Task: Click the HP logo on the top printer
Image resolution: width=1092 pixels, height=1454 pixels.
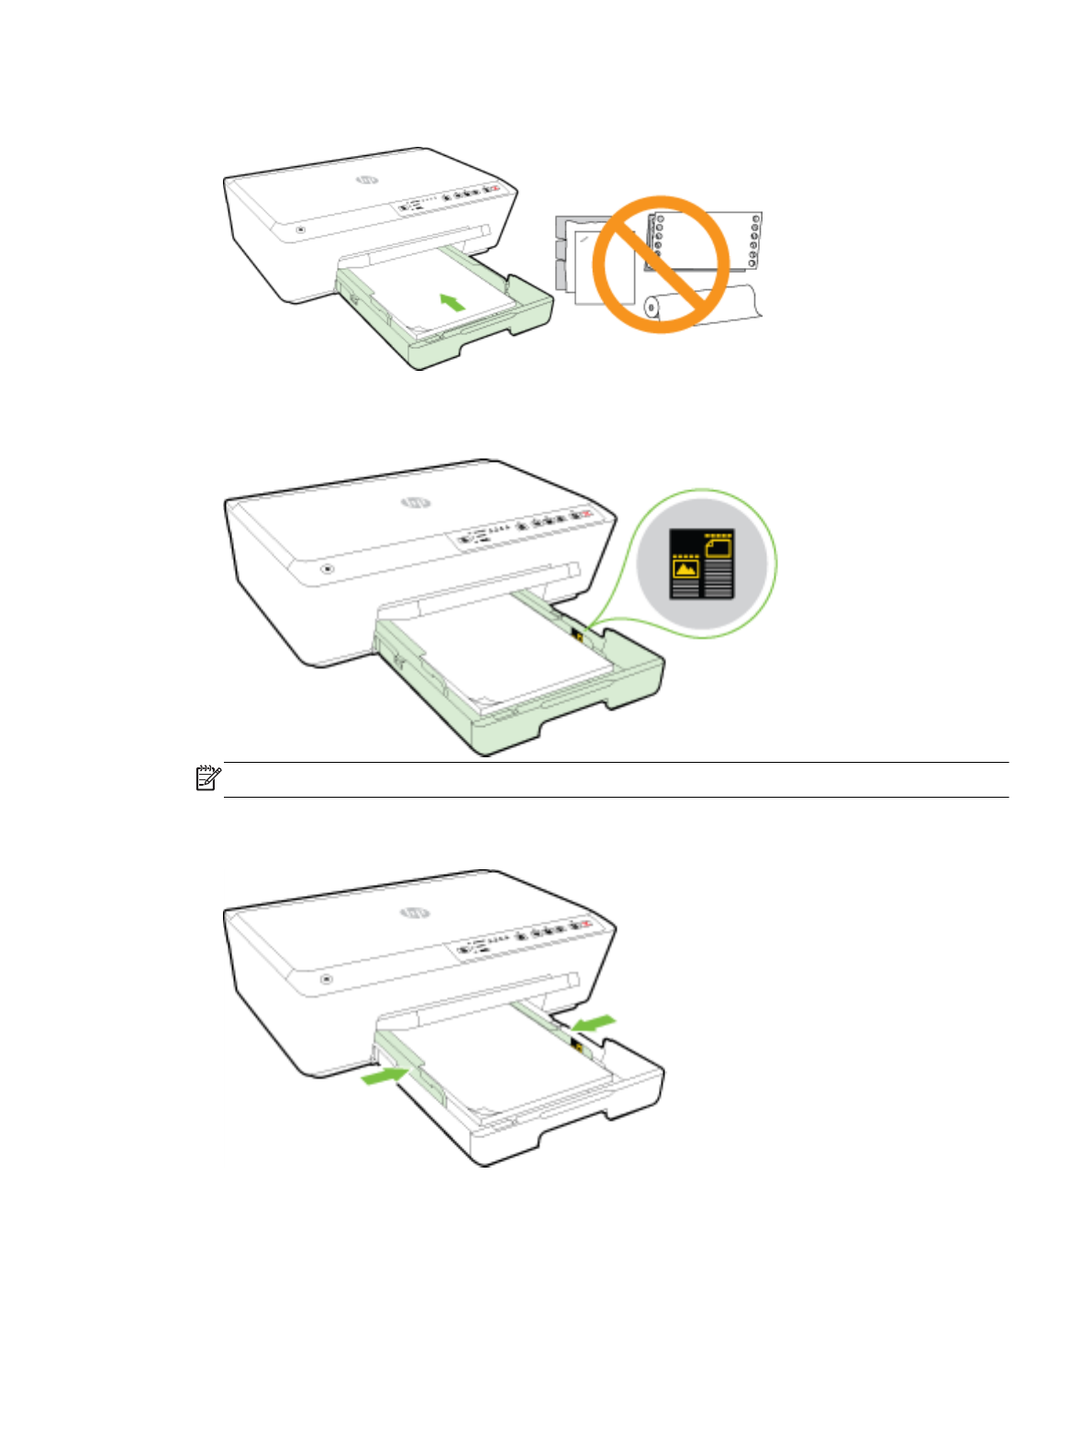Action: [x=367, y=180]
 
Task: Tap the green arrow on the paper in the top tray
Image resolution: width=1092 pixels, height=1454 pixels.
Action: [x=451, y=301]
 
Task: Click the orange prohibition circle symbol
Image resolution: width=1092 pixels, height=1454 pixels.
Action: [x=662, y=264]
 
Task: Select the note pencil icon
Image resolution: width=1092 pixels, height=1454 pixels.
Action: [x=208, y=778]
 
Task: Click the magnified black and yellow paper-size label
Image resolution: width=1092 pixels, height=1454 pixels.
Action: [x=702, y=564]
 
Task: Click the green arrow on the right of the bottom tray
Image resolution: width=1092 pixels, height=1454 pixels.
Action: [x=593, y=1022]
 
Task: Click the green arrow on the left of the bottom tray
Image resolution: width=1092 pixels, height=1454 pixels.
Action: [x=385, y=1075]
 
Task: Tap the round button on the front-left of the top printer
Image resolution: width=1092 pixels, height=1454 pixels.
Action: [x=300, y=229]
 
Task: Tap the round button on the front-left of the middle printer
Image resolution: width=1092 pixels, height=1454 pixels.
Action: [x=327, y=568]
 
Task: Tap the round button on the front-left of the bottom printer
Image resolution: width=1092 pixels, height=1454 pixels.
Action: [x=327, y=979]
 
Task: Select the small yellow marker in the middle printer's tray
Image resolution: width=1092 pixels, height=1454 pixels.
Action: [x=577, y=633]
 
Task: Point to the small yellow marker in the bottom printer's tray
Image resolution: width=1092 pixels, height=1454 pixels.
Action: [x=577, y=1044]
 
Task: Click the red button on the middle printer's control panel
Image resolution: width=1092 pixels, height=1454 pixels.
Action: [x=585, y=514]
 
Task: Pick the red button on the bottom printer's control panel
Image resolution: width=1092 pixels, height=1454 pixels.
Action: [x=585, y=925]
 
